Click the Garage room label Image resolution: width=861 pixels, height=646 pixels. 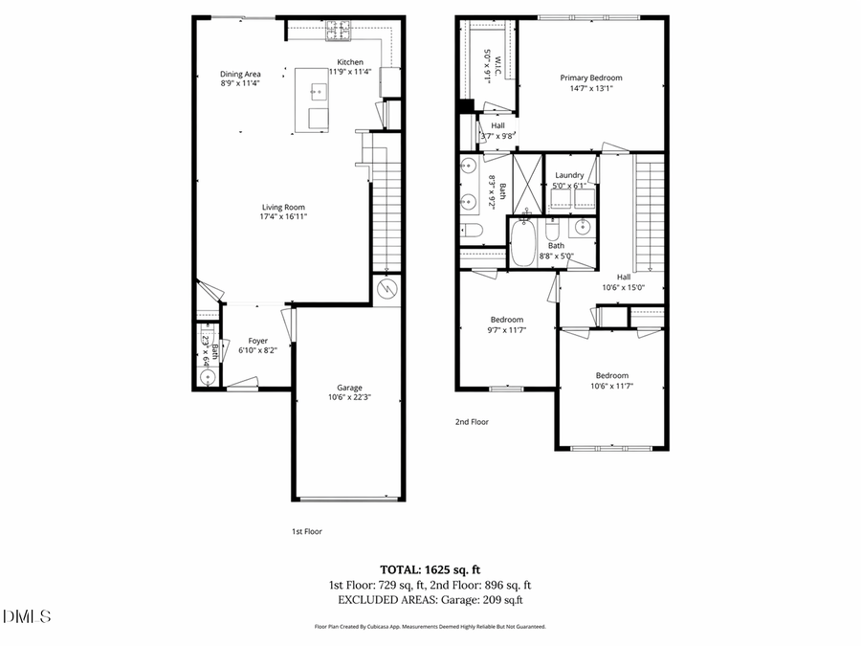tap(347, 387)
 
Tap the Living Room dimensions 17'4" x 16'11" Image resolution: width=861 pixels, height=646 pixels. tap(283, 216)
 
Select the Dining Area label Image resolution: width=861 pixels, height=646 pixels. tap(240, 74)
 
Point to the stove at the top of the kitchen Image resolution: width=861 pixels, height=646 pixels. tap(338, 31)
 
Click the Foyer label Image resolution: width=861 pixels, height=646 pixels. tap(258, 340)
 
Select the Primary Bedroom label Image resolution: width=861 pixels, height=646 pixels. tap(590, 78)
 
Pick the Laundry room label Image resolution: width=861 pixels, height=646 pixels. tap(569, 175)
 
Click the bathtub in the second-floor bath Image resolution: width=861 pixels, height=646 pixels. tap(523, 243)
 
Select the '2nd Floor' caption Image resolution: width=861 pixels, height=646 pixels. tap(472, 421)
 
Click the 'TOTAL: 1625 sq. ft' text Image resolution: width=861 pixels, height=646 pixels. tap(430, 568)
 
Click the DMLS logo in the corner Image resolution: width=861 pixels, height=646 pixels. tap(27, 615)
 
